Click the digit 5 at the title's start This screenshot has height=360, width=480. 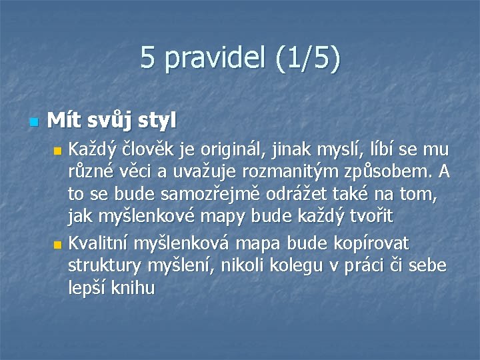[x=147, y=59]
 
